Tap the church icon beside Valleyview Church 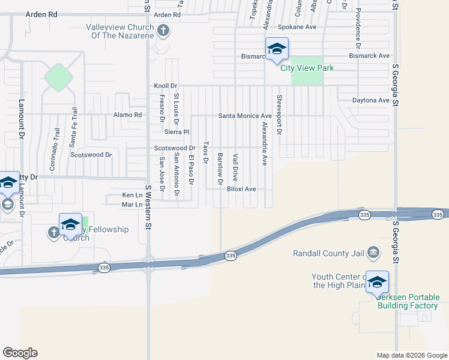pyautogui.click(x=163, y=31)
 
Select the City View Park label pyautogui.click(x=307, y=68)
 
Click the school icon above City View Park pyautogui.click(x=277, y=49)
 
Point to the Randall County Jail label pyautogui.click(x=328, y=253)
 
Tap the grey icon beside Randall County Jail pyautogui.click(x=373, y=251)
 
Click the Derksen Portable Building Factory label pyautogui.click(x=408, y=301)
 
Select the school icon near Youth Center pyautogui.click(x=377, y=283)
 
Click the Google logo pyautogui.click(x=20, y=353)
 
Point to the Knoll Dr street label pyautogui.click(x=166, y=86)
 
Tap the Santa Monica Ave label pyautogui.click(x=245, y=116)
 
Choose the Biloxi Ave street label pyautogui.click(x=241, y=189)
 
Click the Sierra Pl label pyautogui.click(x=177, y=131)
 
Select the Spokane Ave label pyautogui.click(x=297, y=28)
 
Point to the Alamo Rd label pyautogui.click(x=127, y=115)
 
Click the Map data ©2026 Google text pyautogui.click(x=411, y=355)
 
